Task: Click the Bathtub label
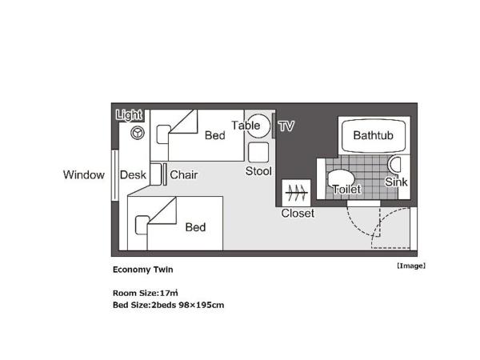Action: (374, 135)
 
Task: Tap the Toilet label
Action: (346, 190)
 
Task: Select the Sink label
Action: (396, 182)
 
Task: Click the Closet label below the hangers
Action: (298, 214)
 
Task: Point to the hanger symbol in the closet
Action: (298, 192)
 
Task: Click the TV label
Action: (286, 126)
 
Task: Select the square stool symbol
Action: (258, 153)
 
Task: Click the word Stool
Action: (258, 171)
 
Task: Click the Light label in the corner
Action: (129, 115)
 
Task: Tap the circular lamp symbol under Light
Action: (137, 134)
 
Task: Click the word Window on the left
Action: (84, 175)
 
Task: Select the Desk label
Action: (132, 175)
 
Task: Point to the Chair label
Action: (184, 175)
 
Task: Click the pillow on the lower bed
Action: (142, 226)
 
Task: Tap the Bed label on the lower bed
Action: (195, 227)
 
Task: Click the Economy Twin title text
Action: (142, 270)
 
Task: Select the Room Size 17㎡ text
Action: (145, 293)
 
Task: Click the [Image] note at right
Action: (411, 266)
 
